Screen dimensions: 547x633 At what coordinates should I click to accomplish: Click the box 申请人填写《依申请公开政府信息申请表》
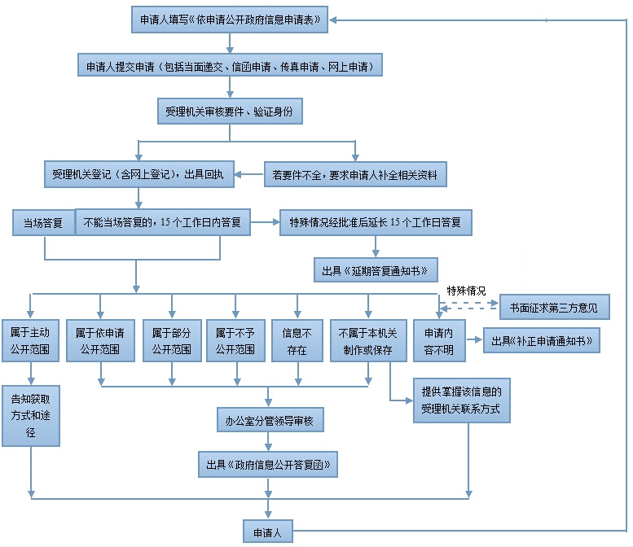[229, 20]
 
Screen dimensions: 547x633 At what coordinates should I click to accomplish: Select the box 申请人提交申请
[229, 65]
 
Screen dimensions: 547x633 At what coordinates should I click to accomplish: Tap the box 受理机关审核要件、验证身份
[229, 111]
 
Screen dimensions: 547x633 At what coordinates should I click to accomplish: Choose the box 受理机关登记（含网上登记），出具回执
[139, 174]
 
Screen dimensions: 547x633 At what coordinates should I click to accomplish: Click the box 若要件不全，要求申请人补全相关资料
[355, 174]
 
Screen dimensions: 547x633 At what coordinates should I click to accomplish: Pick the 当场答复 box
[43, 222]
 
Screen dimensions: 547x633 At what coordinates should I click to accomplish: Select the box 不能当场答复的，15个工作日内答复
[162, 222]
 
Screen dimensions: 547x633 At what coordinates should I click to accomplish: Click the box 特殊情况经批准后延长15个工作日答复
[376, 222]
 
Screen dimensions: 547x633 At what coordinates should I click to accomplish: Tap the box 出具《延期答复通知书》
[376, 270]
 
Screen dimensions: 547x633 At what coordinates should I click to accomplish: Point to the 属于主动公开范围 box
[30, 341]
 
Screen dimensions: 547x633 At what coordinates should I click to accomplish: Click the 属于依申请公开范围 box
[100, 341]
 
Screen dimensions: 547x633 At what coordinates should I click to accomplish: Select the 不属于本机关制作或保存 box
[367, 341]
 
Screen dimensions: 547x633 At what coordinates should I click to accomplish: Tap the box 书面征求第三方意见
[554, 307]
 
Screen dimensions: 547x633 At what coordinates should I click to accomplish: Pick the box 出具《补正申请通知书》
[542, 340]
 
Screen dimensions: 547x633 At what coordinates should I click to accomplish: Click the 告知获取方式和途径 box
[31, 415]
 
